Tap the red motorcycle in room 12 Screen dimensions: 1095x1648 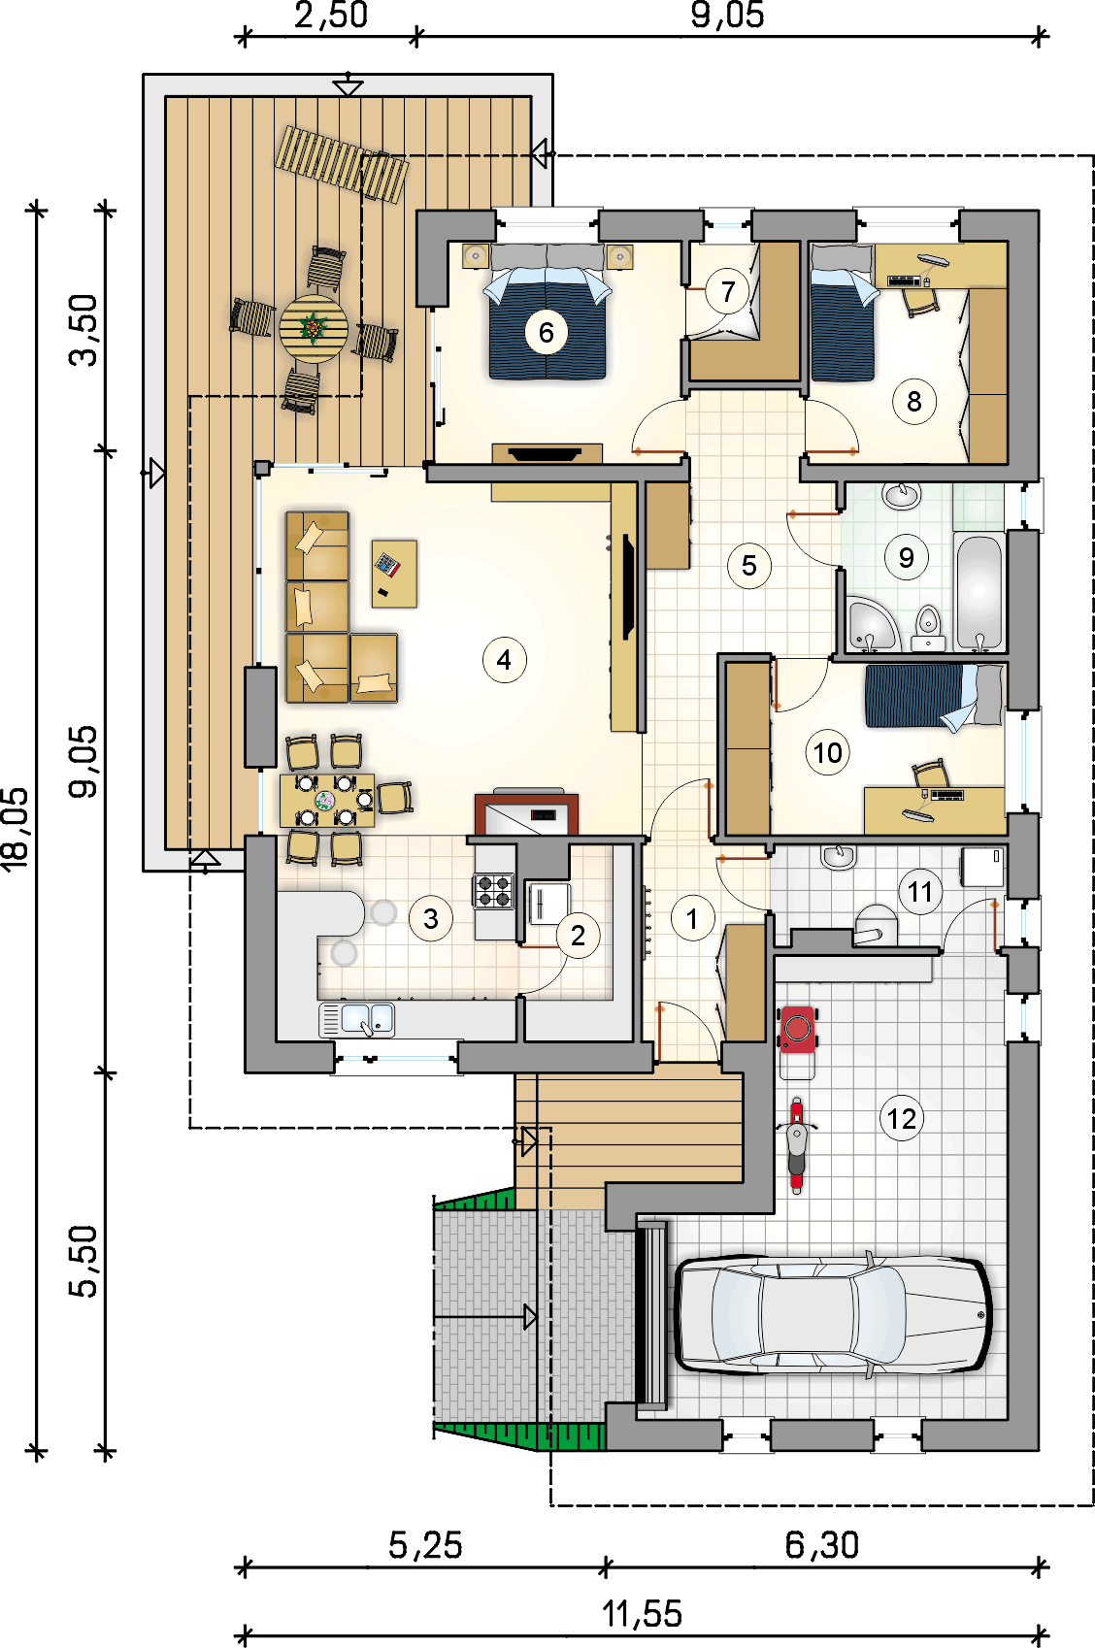click(x=796, y=1145)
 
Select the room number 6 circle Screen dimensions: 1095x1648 click(x=546, y=333)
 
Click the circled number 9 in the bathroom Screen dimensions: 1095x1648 click(x=906, y=558)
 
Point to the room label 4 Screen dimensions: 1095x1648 click(x=504, y=660)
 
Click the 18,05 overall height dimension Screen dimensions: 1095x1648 click(x=17, y=829)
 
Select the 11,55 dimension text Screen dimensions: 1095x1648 click(x=642, y=1614)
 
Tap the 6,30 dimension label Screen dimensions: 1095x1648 click(x=822, y=1544)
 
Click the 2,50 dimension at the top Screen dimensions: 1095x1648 click(x=331, y=16)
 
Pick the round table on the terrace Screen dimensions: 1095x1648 click(x=314, y=329)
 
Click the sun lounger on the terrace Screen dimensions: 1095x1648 click(x=342, y=164)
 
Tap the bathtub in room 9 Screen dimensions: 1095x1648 click(x=979, y=592)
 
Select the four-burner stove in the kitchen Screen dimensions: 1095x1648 click(x=494, y=890)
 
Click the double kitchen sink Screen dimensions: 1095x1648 click(x=357, y=1020)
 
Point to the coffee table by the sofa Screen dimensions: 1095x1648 click(x=394, y=574)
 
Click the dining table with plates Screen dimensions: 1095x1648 click(x=327, y=800)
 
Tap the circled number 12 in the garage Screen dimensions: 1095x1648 click(x=902, y=1119)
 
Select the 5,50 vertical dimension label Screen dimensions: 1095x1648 click(x=83, y=1261)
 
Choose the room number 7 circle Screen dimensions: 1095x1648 click(x=728, y=291)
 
